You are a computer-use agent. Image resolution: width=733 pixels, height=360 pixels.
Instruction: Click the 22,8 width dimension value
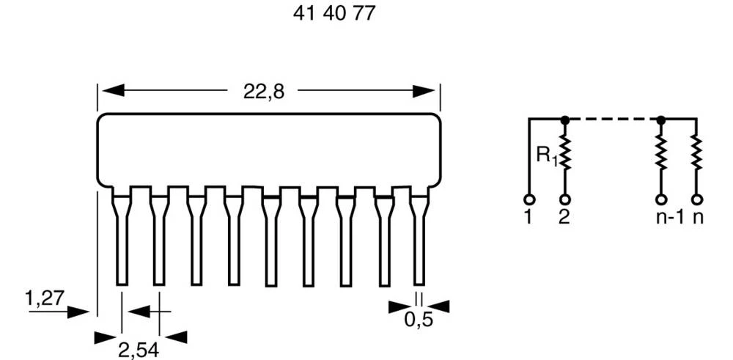[263, 92]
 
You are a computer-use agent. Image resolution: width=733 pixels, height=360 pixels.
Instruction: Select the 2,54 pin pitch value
[139, 350]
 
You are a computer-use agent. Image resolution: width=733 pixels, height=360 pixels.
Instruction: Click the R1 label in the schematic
[546, 155]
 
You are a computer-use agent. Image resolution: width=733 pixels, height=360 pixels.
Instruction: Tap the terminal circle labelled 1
[528, 199]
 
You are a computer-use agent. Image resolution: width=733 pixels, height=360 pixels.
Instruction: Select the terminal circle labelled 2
[564, 199]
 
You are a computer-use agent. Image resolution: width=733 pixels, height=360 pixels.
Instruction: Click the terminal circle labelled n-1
[660, 199]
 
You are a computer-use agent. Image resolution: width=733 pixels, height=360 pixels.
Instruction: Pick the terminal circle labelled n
[696, 199]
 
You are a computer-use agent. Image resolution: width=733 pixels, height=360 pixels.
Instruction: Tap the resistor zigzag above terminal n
[696, 153]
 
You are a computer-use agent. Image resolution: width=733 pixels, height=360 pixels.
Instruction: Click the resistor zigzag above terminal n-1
[660, 153]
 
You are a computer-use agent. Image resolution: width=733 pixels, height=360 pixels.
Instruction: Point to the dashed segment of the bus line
[612, 119]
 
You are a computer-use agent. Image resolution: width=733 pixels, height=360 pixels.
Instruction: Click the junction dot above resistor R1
[564, 119]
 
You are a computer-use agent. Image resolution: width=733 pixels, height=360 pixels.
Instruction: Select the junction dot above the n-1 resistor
[660, 119]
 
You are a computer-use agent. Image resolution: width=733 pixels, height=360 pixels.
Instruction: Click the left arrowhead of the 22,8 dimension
[108, 92]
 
